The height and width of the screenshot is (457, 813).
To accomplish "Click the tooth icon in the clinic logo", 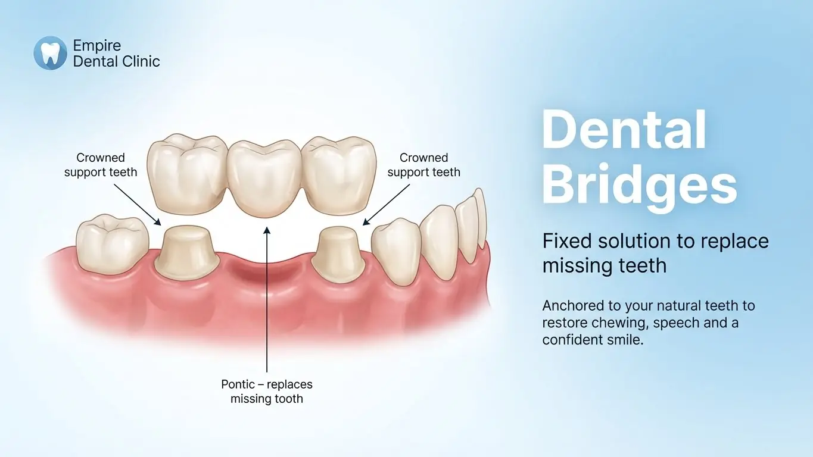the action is (x=51, y=53).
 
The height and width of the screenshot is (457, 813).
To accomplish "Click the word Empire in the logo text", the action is (x=97, y=46).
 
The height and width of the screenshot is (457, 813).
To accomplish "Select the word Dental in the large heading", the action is (x=624, y=130).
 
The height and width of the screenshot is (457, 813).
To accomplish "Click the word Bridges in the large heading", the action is (x=640, y=185).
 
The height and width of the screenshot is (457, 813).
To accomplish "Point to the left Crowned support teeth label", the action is (x=101, y=165).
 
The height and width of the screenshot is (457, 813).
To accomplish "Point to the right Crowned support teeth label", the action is (x=423, y=165).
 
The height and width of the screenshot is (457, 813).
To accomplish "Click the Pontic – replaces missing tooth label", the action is (x=267, y=392).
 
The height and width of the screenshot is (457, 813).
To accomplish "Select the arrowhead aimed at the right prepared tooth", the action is (x=366, y=221).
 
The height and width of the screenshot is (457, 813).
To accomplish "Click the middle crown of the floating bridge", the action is (x=265, y=179).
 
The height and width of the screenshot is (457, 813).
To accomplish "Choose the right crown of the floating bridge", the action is (x=339, y=175).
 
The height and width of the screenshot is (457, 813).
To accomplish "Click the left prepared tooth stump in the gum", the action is (x=186, y=253).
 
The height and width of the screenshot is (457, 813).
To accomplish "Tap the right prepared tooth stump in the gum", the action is (x=338, y=254).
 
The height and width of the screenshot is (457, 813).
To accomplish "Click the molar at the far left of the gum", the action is (x=113, y=244).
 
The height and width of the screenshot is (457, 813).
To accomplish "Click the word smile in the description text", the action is (x=624, y=340).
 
